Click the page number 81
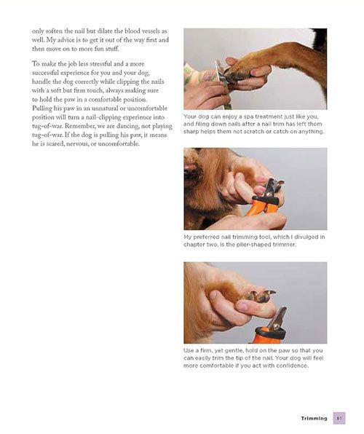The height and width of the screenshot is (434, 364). coord(339,418)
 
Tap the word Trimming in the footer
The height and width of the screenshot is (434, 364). coord(314,419)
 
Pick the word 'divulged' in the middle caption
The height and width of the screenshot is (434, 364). coord(306,237)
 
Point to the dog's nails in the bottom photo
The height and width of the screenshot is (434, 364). coord(261,296)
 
